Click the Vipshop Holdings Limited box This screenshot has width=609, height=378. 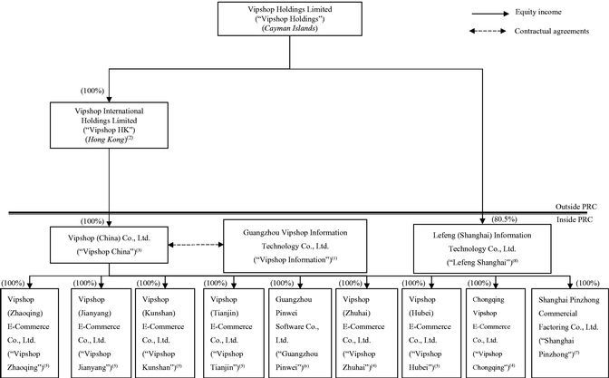coord(290,19)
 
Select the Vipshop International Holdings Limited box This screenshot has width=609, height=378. coord(109,125)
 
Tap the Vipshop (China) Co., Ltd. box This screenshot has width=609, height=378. coord(109,245)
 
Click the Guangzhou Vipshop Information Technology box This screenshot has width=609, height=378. coord(295,246)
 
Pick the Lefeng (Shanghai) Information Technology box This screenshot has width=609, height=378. coord(482,248)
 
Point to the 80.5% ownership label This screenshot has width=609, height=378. coord(504,219)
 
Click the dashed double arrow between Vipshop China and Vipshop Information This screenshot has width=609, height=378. coord(196,245)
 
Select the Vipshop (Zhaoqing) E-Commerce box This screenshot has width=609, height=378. coord(30,333)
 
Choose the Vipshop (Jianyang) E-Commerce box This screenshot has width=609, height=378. coord(101,333)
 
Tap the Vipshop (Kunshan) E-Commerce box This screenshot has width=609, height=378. coord(165,333)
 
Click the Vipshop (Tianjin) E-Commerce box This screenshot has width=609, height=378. coord(234,333)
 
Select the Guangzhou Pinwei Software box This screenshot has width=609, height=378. coord(300,333)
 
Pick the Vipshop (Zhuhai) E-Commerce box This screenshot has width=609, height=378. coord(367,333)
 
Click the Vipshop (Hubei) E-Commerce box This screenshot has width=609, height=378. coord(431,333)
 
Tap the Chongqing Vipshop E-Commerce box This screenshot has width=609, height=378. coord(496,333)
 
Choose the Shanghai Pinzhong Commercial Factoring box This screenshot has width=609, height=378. coord(570,333)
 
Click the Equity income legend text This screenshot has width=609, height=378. coord(538,12)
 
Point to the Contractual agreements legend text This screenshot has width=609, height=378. coord(552,31)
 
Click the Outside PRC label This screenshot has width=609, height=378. coord(576,207)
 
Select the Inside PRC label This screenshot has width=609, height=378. coord(575,219)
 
